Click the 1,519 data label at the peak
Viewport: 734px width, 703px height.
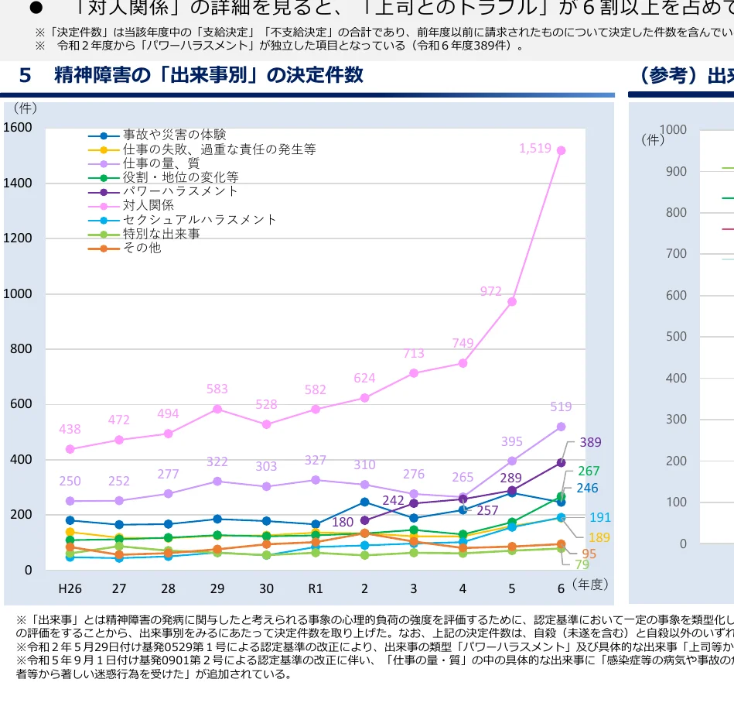[x=534, y=148]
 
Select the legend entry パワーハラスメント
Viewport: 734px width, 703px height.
[x=180, y=191]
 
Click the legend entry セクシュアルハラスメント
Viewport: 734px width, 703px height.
[x=200, y=220]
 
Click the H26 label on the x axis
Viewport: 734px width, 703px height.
[x=70, y=588]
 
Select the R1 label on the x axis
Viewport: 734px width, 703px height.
[x=316, y=588]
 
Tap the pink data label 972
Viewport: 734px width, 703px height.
[x=490, y=291]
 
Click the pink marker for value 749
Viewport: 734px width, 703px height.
[x=463, y=363]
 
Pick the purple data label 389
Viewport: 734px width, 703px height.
[x=590, y=443]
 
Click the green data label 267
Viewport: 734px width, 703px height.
[x=589, y=471]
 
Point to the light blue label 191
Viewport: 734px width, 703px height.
[x=600, y=518]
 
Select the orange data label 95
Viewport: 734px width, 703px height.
[x=589, y=554]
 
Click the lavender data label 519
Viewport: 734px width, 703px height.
[x=561, y=407]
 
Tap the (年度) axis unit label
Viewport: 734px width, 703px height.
[x=590, y=585]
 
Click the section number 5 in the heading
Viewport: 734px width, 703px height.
[x=26, y=76]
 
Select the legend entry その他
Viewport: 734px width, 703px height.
[x=142, y=248]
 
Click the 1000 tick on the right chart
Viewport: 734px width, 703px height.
[x=674, y=130]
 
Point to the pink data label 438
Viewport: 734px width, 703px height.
[x=70, y=429]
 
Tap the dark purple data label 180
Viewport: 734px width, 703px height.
[x=343, y=523]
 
